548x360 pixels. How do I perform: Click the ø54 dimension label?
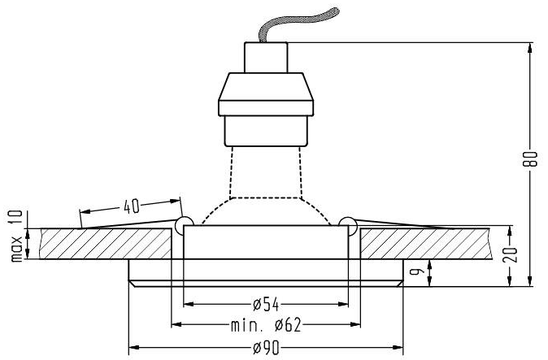pos(267,305)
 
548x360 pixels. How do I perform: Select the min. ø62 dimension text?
pos(266,327)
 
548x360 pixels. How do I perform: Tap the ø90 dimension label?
pos(267,349)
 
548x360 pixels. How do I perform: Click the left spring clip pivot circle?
pos(183,221)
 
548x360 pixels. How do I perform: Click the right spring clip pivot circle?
pos(348,221)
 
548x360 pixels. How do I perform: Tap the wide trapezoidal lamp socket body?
pos(266,93)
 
